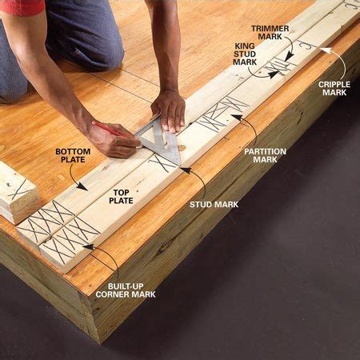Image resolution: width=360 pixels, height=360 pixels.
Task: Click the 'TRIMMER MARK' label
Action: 270,32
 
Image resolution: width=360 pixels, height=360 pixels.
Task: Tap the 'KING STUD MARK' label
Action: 245,54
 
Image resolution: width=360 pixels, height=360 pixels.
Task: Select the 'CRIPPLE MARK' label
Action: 334,88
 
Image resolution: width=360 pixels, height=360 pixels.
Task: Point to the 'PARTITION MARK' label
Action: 265,155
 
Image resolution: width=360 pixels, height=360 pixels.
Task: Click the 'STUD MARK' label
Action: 214,205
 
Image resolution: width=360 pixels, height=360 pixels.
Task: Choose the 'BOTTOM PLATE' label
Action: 73,155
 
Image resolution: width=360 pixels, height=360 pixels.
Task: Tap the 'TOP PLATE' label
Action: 121,197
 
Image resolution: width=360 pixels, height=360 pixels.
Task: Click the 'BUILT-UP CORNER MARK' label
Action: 126,290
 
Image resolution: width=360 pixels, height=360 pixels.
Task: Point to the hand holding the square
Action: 169,110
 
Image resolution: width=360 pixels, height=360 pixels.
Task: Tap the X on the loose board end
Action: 19,190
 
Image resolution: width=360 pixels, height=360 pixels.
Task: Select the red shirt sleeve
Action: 22,6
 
